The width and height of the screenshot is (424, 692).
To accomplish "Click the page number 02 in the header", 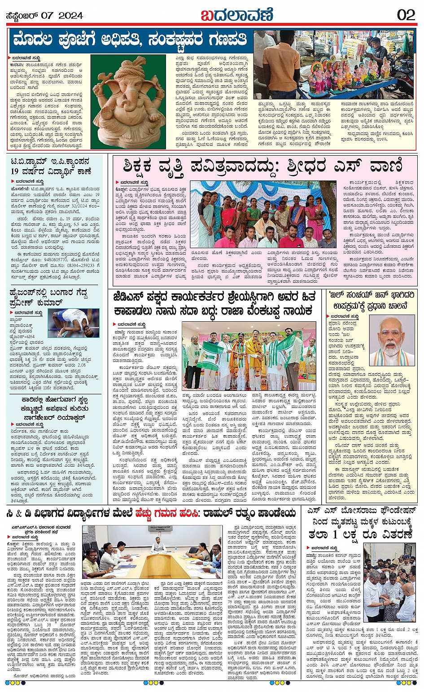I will (x=406, y=15).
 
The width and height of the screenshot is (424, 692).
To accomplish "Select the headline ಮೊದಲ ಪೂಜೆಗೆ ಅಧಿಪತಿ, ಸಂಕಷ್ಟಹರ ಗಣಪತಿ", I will (x=130, y=40).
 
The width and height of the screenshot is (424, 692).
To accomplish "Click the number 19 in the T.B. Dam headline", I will (x=14, y=171).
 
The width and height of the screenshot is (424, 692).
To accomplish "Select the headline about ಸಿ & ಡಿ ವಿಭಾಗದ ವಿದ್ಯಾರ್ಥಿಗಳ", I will (x=152, y=512).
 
